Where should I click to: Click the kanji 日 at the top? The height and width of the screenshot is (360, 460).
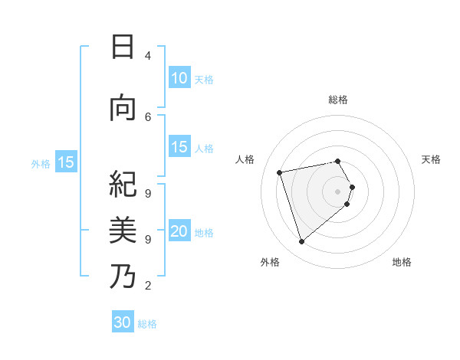(123, 47)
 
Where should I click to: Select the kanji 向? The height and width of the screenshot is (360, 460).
(123, 109)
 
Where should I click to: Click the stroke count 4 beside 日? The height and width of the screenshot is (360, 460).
(148, 55)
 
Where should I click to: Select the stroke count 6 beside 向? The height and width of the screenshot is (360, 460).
(148, 116)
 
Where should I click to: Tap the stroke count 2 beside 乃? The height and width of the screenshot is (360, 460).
(148, 286)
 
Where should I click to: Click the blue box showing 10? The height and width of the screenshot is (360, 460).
(179, 78)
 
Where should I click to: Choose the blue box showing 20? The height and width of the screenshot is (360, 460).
(179, 231)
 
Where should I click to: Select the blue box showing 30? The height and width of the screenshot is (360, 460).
(123, 322)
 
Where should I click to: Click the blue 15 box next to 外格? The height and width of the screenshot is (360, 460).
(66, 162)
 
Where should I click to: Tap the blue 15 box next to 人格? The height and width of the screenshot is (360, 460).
(179, 147)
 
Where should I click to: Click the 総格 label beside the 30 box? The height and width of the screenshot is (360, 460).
(147, 323)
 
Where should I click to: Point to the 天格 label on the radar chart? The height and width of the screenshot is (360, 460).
(431, 159)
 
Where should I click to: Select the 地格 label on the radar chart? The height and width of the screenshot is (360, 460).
(402, 262)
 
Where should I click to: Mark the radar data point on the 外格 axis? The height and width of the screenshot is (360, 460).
(301, 241)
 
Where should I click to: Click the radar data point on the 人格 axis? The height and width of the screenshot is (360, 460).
(280, 172)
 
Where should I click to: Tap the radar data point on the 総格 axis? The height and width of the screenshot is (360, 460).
(337, 161)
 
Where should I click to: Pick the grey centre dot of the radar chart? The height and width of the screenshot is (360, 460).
(337, 190)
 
